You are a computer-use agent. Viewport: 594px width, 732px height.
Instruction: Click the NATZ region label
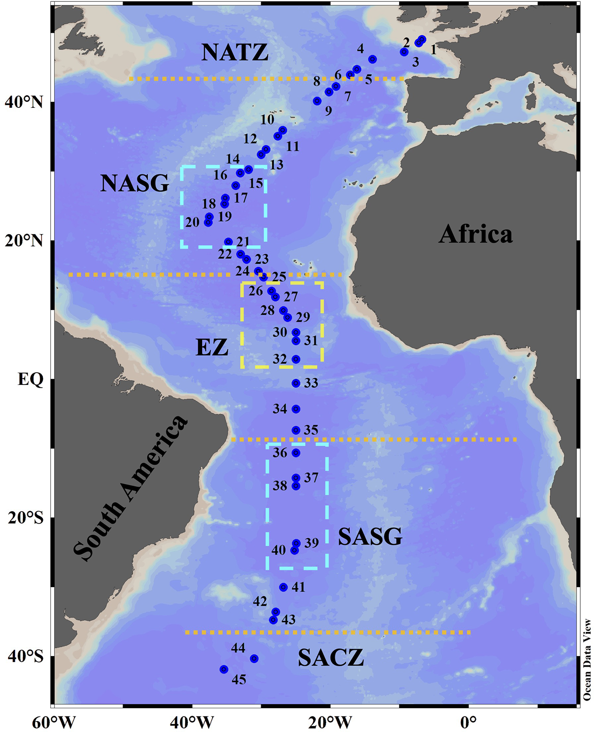[x=235, y=53]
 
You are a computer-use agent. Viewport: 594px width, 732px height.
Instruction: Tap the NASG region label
[x=134, y=184]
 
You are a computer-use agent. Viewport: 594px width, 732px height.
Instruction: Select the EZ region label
[x=212, y=348]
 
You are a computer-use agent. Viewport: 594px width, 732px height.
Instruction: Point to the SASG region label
[x=370, y=536]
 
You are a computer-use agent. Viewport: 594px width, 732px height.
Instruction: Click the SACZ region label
[x=331, y=658]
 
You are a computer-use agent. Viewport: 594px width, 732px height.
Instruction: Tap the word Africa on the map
[x=476, y=235]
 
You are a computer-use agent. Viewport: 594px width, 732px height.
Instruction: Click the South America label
[x=131, y=488]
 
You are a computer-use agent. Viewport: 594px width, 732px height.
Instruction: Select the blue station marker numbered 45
[x=224, y=669]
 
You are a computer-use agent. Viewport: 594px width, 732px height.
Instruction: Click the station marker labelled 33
[x=296, y=383]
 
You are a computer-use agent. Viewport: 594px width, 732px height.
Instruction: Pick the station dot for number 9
[x=317, y=101]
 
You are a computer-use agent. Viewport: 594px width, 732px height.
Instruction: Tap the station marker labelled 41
[x=284, y=587]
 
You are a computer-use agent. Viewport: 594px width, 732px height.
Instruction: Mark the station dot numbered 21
[x=229, y=242]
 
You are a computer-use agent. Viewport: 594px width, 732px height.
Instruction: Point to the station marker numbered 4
[x=372, y=59]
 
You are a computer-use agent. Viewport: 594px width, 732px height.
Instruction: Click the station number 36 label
[x=280, y=453]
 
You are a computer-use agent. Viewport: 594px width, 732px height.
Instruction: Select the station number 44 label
[x=238, y=648]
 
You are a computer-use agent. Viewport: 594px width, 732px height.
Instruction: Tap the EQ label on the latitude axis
[x=31, y=379]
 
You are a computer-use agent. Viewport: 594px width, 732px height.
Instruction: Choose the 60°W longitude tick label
[x=54, y=723]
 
